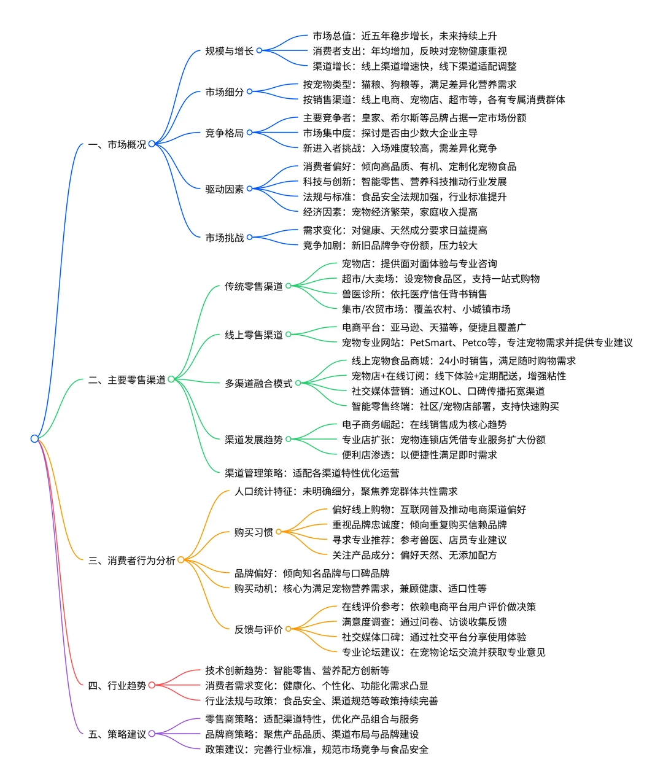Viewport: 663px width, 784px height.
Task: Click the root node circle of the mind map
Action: (34, 438)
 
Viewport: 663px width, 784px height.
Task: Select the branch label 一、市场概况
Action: (117, 145)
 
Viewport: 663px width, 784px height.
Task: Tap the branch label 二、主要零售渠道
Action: (127, 380)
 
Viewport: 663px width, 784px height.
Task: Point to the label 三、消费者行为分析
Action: (131, 560)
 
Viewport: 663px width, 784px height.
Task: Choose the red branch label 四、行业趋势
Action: (117, 685)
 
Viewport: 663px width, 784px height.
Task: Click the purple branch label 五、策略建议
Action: (117, 734)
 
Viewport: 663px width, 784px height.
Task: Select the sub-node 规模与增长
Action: (229, 51)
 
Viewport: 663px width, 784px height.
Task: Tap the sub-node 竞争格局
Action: (224, 133)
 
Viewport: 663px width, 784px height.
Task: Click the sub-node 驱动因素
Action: (224, 189)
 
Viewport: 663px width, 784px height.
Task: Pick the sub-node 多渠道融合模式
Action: (258, 384)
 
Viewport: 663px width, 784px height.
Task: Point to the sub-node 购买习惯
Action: (254, 532)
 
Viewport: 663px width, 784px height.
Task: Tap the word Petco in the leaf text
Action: (475, 343)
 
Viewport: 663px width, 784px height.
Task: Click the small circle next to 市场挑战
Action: (250, 238)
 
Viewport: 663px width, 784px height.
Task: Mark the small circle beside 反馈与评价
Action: (289, 629)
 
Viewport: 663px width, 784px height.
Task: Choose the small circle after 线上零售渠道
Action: (289, 335)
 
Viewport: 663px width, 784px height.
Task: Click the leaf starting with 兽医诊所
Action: (414, 294)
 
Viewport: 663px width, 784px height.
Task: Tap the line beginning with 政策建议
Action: (317, 750)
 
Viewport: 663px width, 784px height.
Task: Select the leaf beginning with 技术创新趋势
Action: (297, 670)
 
